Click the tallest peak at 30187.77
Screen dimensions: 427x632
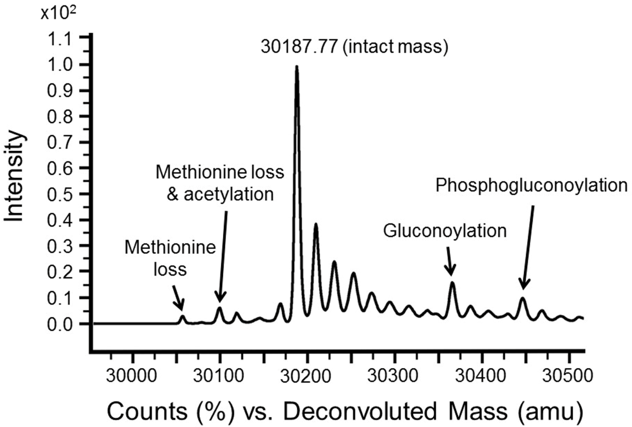[296, 69]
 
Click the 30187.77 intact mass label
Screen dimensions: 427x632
[354, 47]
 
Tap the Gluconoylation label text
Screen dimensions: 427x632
[444, 231]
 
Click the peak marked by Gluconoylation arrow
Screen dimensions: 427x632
[452, 285]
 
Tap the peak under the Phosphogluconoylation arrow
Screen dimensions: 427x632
[522, 300]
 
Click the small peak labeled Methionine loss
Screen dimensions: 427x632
[182, 317]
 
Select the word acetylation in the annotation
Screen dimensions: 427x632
[229, 194]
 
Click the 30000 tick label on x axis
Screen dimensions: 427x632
[131, 376]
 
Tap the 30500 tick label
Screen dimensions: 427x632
[567, 376]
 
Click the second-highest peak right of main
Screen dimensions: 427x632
[316, 226]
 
